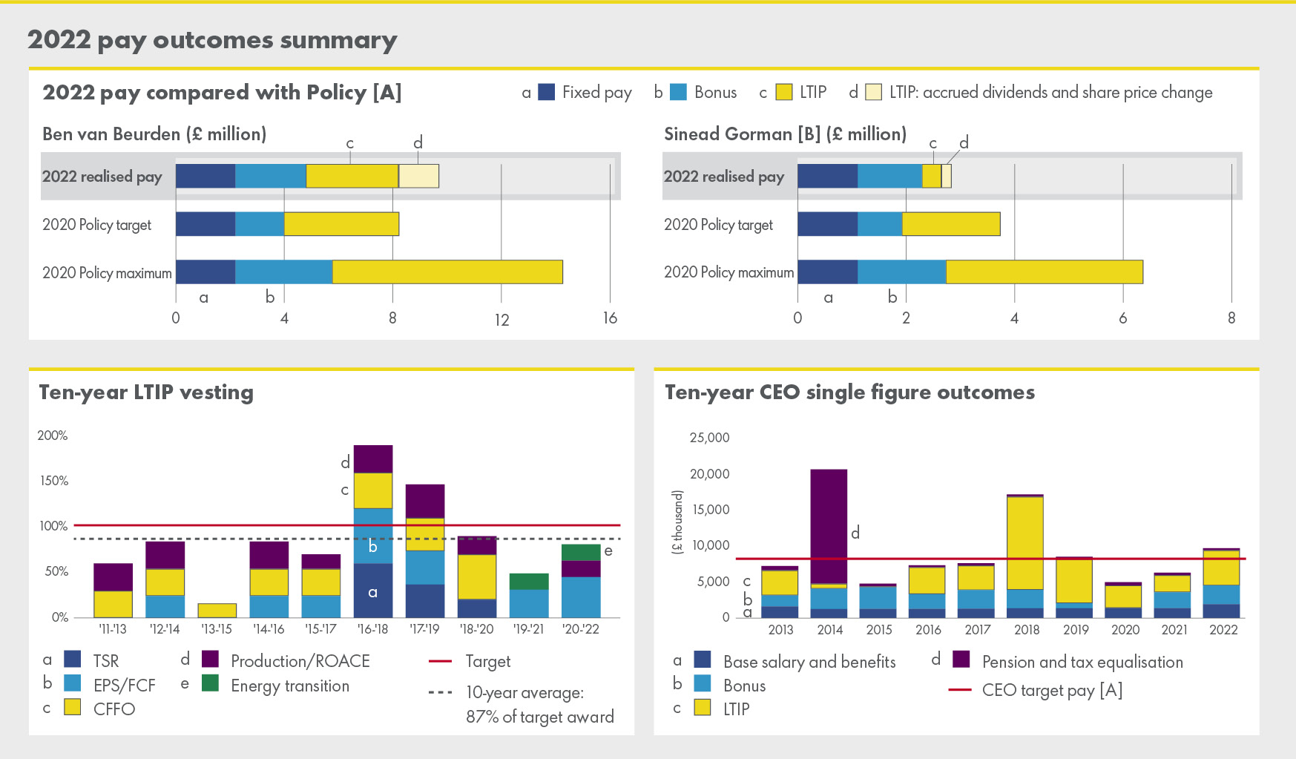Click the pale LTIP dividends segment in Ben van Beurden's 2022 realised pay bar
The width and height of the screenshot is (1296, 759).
[x=418, y=176]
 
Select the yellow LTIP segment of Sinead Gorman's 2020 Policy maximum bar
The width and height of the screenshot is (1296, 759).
[x=1044, y=272]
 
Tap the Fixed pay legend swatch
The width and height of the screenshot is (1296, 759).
[x=546, y=92]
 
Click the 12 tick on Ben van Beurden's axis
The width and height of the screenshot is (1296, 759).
[x=501, y=320]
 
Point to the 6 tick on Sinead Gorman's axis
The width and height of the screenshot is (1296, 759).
[x=1122, y=318]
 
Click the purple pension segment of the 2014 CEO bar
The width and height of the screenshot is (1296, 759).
[x=829, y=526]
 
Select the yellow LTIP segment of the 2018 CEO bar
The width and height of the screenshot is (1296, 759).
[x=1025, y=542]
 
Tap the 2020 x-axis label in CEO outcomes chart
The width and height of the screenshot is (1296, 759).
[x=1125, y=630]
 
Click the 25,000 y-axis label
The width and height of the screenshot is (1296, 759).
[x=709, y=438]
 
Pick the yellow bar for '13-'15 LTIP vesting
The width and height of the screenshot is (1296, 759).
[x=217, y=611]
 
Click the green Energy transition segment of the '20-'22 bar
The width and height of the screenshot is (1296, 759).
[x=581, y=552]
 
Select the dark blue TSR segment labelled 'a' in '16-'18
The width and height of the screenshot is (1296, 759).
[x=372, y=591]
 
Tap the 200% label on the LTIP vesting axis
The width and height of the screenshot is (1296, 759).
[x=53, y=436]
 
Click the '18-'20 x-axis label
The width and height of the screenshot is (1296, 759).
[x=476, y=629]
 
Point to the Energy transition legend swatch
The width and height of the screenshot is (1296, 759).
[x=211, y=683]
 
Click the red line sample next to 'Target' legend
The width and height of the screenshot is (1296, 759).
[x=441, y=661]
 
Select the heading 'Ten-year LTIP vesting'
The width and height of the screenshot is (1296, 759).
[x=146, y=392]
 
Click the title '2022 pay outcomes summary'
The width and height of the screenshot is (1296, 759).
[x=212, y=40]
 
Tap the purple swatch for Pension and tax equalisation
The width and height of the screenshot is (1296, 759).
[x=961, y=660]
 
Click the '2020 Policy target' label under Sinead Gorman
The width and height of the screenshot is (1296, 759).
[x=718, y=225]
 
